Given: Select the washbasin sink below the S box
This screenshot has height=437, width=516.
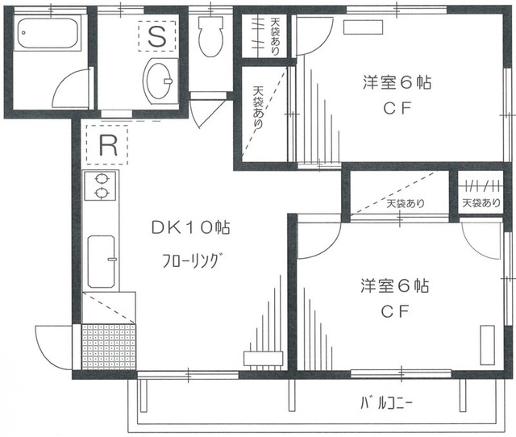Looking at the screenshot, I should click(x=160, y=80).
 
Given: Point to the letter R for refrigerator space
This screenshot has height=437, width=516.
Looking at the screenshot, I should click(x=108, y=146).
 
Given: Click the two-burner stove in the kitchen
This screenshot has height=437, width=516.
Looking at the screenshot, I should click(x=102, y=186).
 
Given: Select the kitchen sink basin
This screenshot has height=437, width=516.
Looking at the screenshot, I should click(x=101, y=261).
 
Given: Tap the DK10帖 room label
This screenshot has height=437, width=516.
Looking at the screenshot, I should click(x=190, y=229).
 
